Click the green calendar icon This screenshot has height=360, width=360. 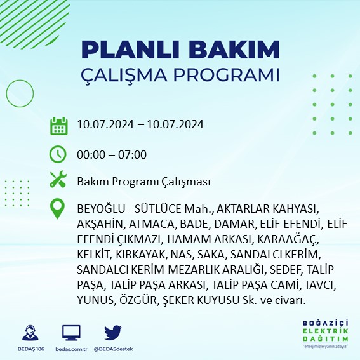pyautogui.click(x=58, y=125)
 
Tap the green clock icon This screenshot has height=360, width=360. pyautogui.click(x=58, y=154)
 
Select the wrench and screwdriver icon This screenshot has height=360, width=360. pyautogui.click(x=58, y=181)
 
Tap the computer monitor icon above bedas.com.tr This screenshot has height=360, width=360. pyautogui.click(x=71, y=332)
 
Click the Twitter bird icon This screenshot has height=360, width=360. pyautogui.click(x=112, y=332)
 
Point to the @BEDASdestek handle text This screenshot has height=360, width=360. pyautogui.click(x=112, y=349)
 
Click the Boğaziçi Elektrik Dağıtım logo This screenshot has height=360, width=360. pyautogui.click(x=326, y=334)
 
